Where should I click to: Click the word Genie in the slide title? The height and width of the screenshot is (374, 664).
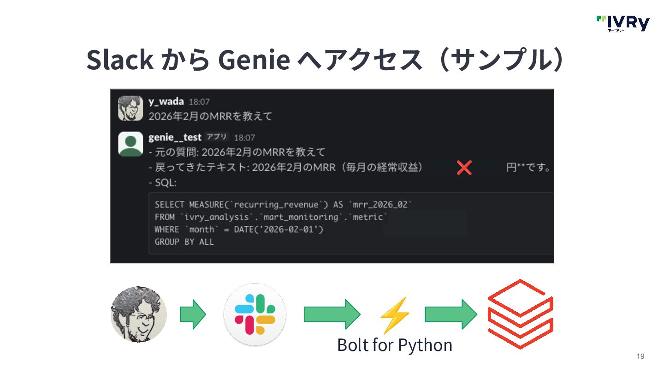point(254,60)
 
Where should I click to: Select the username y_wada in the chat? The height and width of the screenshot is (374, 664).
point(166,102)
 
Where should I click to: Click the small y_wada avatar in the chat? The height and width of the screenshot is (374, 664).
point(130,108)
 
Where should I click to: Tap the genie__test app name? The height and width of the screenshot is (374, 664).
point(175,137)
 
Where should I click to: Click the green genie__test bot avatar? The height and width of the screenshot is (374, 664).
point(130,144)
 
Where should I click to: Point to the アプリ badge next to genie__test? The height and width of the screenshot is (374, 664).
point(217,137)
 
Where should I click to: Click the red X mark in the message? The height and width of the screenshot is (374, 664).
point(464,168)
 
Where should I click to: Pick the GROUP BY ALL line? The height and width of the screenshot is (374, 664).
point(184,242)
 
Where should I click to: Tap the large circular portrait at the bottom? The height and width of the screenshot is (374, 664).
point(139,314)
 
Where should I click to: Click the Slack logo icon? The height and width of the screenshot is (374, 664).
point(255,314)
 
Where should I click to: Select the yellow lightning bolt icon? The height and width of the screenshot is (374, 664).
point(394,315)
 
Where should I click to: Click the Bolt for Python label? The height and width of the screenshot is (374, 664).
point(394,345)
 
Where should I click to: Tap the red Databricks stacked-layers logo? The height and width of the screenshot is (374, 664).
point(520,314)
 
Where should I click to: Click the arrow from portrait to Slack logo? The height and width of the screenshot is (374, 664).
point(193,314)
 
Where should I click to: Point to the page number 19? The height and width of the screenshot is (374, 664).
point(640,356)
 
